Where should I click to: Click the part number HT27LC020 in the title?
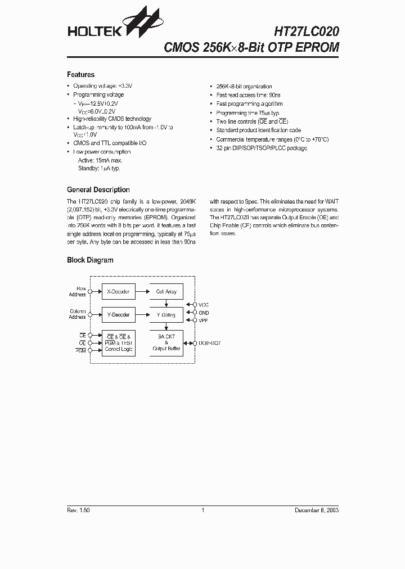pos(307,31)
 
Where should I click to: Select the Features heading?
pos(80,75)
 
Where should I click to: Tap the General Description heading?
pos(98,190)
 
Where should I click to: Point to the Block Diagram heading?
pos(90,260)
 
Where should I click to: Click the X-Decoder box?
pos(118,292)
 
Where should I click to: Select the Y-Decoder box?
pos(118,315)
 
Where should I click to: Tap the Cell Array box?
pos(166,292)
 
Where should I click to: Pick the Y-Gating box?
pos(166,315)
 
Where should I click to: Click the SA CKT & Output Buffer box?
pos(166,342)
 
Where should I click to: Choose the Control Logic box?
pos(118,342)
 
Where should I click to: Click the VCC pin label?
pos(204,305)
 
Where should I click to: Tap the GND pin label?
pos(204,313)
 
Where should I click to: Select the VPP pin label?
pos(204,320)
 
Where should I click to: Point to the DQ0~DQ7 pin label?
pos(209,342)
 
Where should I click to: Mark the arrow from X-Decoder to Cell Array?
pos(142,292)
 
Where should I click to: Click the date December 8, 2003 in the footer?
pos(317,510)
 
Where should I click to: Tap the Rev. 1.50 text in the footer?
pos(78,510)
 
